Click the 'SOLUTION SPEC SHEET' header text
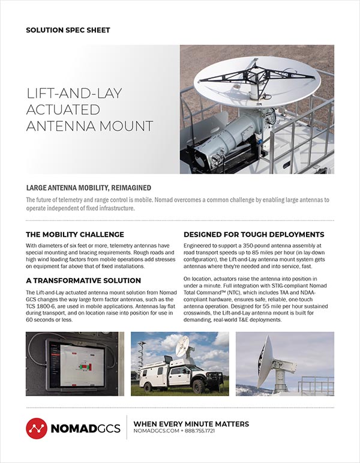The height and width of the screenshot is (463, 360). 68,29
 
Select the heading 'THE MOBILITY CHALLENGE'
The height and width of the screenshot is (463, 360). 75,234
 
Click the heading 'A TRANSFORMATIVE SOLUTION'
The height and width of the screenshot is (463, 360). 83,280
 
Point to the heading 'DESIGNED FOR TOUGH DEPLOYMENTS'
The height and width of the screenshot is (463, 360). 254,234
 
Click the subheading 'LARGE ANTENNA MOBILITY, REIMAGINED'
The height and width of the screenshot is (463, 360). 88,188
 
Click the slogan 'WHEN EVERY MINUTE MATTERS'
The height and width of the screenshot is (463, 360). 191,423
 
